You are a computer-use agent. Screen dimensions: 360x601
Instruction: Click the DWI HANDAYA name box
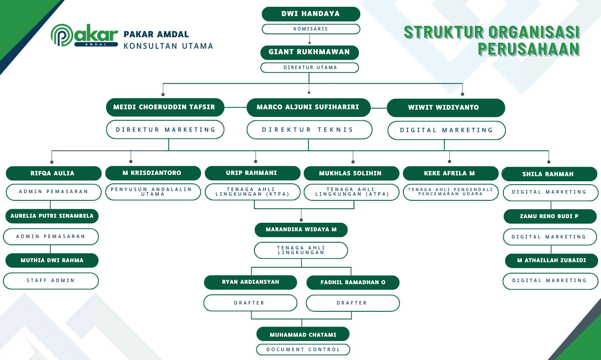[x=311, y=14]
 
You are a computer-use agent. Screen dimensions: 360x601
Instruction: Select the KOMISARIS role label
[x=311, y=29]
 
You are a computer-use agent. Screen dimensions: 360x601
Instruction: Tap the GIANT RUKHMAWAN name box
[x=309, y=52]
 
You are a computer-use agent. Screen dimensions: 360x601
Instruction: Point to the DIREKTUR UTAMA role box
[x=309, y=67]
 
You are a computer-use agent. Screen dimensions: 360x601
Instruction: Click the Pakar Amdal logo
[x=84, y=35]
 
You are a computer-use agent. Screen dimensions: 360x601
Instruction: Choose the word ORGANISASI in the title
[x=534, y=32]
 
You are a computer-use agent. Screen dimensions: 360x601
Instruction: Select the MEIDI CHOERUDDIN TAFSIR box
[x=164, y=107]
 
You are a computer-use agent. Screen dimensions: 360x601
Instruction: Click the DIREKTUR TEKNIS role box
[x=309, y=130]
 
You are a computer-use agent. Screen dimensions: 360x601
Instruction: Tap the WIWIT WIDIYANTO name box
[x=445, y=108]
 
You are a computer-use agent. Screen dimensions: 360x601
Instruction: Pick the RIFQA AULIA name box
[x=53, y=173]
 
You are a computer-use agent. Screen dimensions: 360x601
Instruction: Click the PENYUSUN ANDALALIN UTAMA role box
[x=153, y=192]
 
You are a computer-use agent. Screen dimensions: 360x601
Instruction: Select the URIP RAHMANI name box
[x=252, y=173]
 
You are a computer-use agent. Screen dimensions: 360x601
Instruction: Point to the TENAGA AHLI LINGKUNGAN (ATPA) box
[x=351, y=192]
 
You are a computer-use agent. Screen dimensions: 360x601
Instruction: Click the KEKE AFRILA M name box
[x=450, y=173]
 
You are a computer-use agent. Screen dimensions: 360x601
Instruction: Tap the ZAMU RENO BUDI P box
[x=549, y=216]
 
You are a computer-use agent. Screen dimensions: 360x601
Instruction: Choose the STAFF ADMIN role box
[x=51, y=280]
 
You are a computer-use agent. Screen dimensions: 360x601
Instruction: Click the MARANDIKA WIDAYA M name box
[x=301, y=230]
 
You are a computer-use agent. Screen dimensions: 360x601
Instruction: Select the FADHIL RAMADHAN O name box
[x=353, y=282]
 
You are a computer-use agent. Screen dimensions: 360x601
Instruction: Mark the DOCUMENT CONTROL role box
[x=303, y=349]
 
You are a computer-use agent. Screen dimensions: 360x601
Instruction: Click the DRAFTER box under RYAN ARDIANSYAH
[x=250, y=303]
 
